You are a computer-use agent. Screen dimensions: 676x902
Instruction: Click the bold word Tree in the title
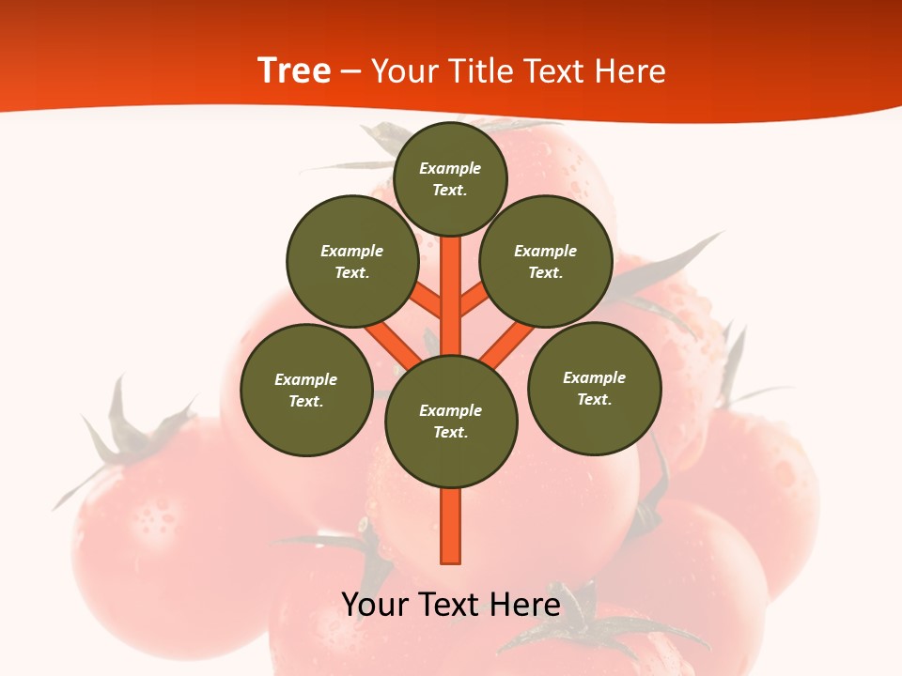pos(294,70)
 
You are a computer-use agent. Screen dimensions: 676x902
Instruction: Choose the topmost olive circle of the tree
pos(450,178)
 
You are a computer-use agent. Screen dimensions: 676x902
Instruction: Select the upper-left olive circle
pos(351,261)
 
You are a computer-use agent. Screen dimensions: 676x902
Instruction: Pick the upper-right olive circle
pos(546,261)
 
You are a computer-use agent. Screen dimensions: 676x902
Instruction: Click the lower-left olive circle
pos(306,390)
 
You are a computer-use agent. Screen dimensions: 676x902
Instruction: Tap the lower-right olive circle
pos(595,388)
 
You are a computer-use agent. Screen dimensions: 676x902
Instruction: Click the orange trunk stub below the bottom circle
pos(451,526)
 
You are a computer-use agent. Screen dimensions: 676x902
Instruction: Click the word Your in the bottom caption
pos(373,605)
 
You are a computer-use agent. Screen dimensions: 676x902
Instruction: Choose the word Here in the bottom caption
pos(527,605)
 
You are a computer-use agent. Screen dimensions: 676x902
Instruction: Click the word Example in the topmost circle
pos(450,168)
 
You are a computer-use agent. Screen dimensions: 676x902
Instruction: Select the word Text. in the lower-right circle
pos(594,399)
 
